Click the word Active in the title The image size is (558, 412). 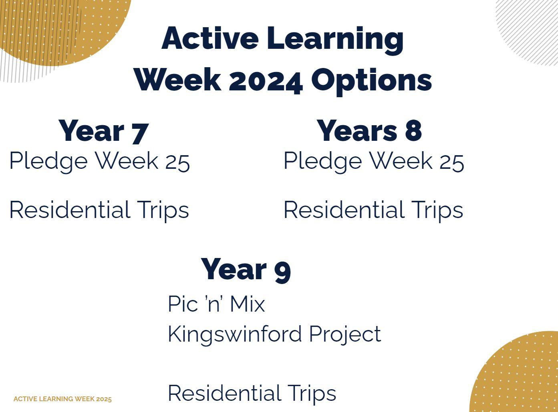210,38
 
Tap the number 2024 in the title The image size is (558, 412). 266,81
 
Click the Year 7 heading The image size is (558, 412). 103,131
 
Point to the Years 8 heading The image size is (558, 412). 369,130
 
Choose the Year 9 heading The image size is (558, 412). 246,270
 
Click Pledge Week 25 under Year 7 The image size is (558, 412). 100,162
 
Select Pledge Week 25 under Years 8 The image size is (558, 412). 374,162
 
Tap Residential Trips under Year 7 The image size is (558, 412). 99,210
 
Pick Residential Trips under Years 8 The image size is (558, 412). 373,210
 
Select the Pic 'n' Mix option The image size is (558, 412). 216,304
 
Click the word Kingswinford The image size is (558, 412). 235,334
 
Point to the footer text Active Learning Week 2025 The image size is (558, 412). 62,399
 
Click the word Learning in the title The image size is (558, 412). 335,40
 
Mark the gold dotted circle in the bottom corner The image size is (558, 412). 514,372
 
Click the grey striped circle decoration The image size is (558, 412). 527,33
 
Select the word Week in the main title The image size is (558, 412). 177,80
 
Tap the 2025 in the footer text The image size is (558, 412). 104,399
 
